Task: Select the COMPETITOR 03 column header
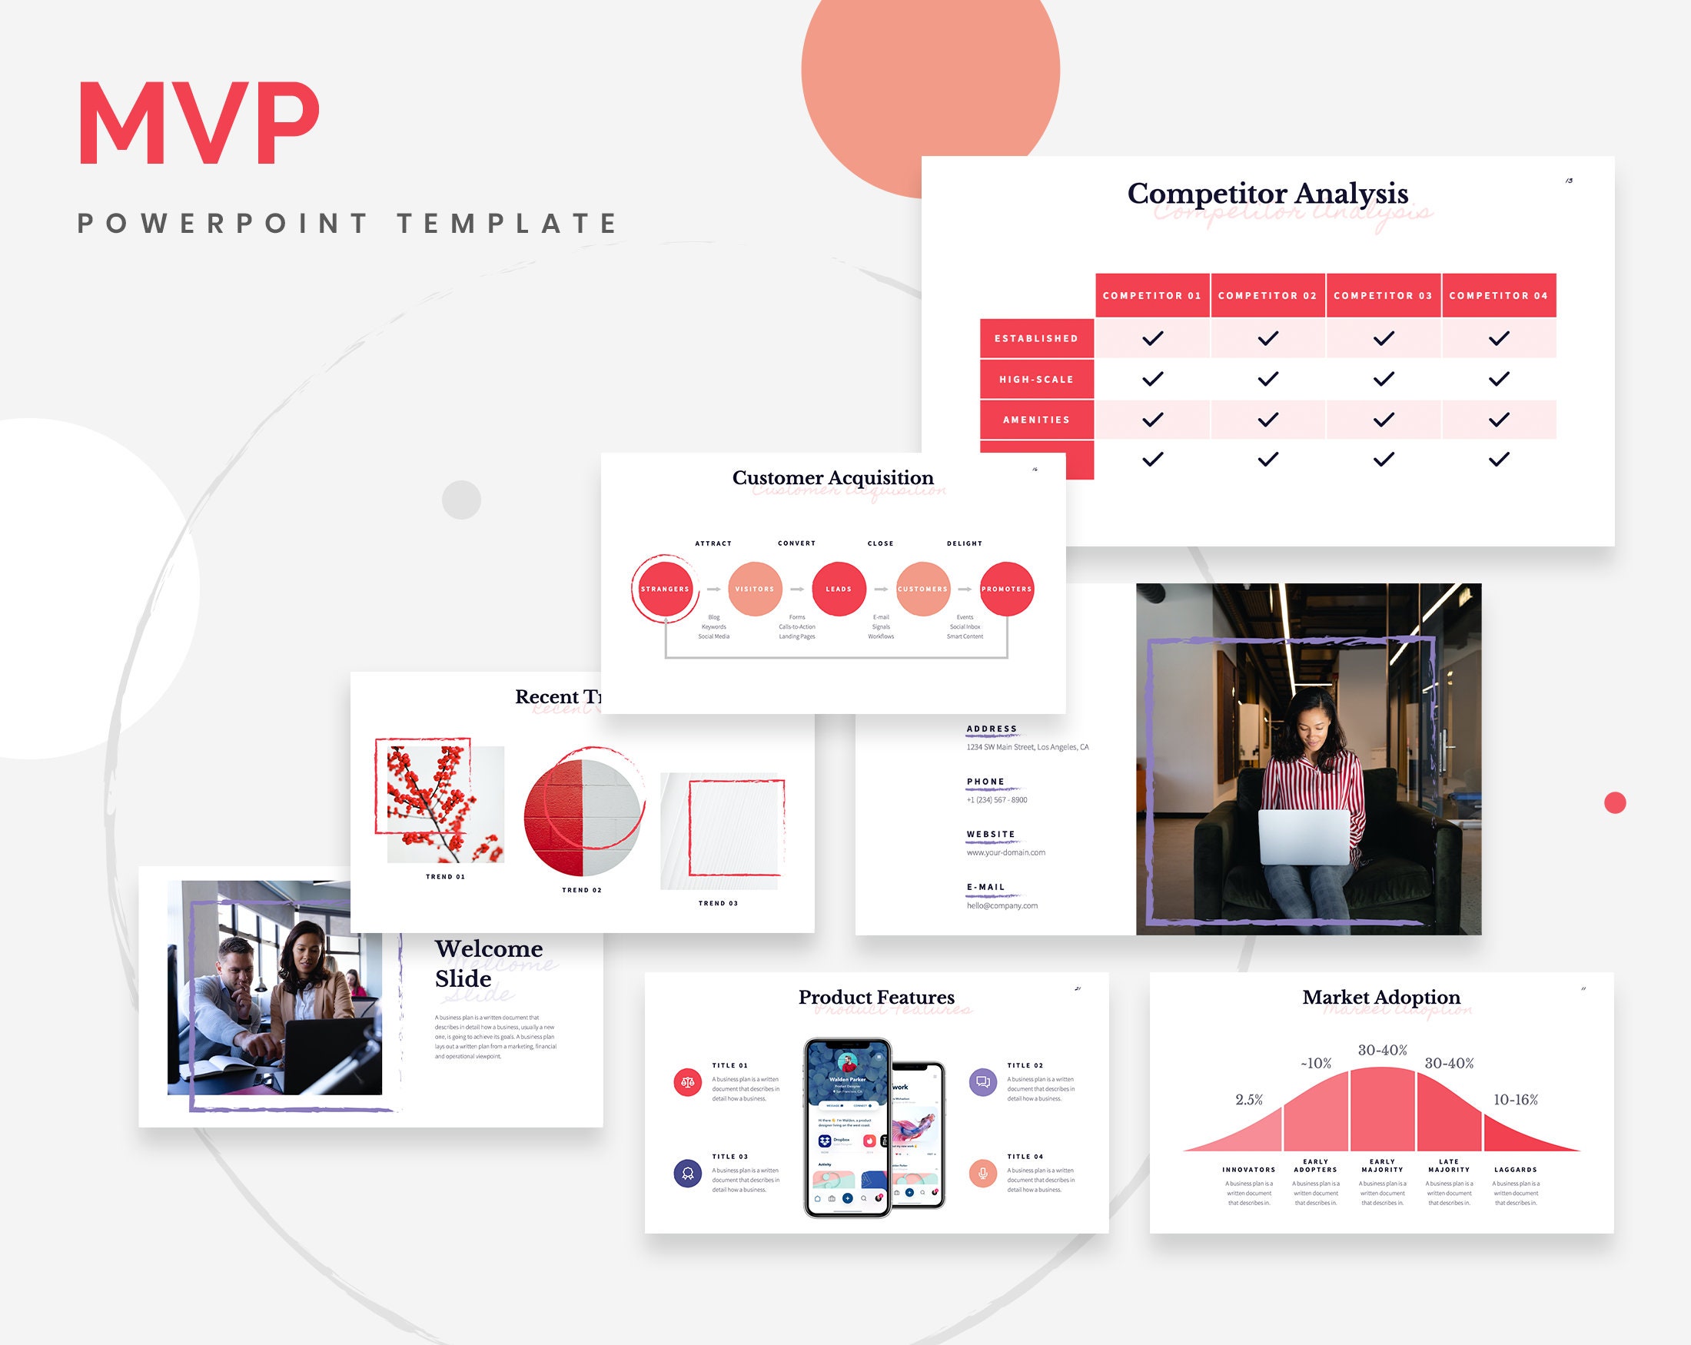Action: [x=1383, y=296]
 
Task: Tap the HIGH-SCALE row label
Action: [x=1036, y=380]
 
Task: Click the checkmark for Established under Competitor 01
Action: [x=1152, y=339]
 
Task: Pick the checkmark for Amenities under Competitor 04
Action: [x=1499, y=420]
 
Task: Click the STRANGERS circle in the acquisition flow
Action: [x=665, y=589]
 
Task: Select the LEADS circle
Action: [x=839, y=589]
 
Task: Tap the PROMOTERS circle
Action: [x=1006, y=589]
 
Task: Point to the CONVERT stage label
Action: [x=797, y=543]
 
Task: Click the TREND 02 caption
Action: [x=582, y=890]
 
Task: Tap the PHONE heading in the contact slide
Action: [x=986, y=782]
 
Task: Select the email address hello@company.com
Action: [x=1002, y=906]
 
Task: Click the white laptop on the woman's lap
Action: [x=1304, y=837]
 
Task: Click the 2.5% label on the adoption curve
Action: [x=1250, y=1100]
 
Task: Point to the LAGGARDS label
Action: [x=1515, y=1169]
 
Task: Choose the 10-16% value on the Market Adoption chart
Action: [x=1515, y=1100]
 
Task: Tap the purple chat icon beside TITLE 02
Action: [x=983, y=1082]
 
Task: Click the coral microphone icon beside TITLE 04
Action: [x=983, y=1174]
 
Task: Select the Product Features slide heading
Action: [x=876, y=997]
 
